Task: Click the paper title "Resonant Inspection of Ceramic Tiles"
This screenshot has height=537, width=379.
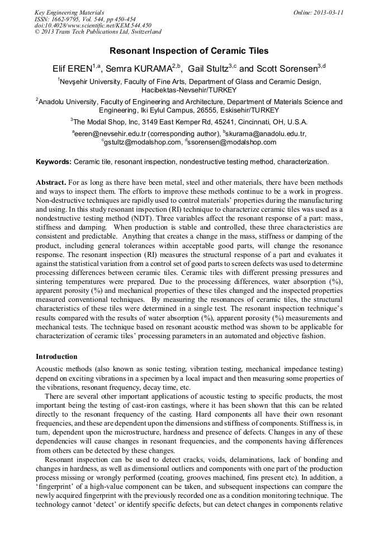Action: tap(189, 51)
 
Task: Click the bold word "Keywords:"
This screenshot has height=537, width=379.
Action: tap(54, 162)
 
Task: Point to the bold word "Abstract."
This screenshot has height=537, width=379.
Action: tap(51, 183)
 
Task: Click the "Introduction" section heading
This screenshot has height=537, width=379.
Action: tap(56, 357)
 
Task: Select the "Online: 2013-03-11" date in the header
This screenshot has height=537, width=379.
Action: tap(319, 12)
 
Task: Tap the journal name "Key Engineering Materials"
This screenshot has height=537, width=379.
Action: tap(69, 12)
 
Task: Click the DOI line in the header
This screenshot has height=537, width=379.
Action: tap(93, 25)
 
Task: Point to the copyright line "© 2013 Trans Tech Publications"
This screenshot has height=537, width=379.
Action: tap(97, 32)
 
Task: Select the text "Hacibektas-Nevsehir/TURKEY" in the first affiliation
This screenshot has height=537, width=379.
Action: tap(189, 90)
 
